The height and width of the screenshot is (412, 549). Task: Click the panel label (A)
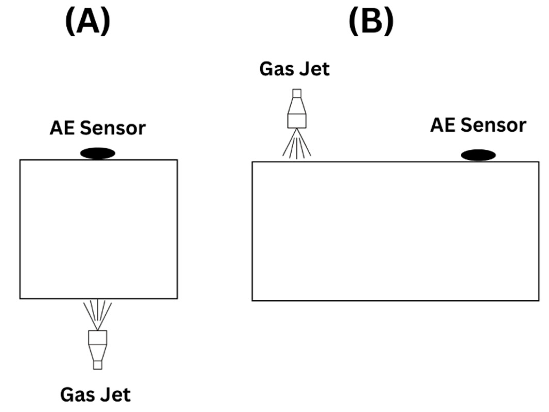pos(88,22)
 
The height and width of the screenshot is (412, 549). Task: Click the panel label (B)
pos(371,22)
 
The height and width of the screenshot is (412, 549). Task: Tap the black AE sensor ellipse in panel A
pos(98,153)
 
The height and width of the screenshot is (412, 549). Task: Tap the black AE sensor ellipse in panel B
pos(478,155)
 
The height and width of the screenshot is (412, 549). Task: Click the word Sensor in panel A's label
pos(113,128)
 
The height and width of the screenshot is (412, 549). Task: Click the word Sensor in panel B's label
pos(493,126)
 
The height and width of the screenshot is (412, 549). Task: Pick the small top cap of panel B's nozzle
pos(297,94)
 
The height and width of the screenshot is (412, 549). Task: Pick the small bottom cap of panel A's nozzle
pos(98,365)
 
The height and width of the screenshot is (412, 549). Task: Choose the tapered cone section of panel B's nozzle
pos(297,106)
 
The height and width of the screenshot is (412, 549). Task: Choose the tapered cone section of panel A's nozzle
pos(98,353)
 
